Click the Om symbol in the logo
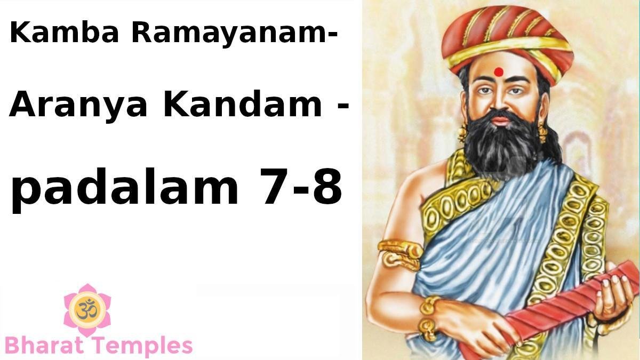(87, 309)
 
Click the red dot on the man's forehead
(499, 72)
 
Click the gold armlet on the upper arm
(400, 255)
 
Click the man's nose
(499, 103)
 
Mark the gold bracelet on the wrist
(429, 317)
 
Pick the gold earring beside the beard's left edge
(462, 132)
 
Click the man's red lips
(500, 121)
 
